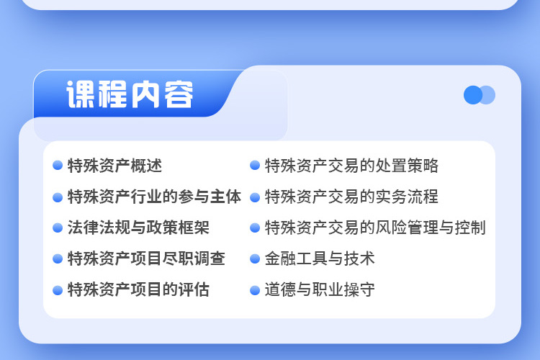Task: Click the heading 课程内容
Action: click(x=130, y=94)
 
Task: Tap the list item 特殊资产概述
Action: click(x=114, y=166)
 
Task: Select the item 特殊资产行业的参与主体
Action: click(x=154, y=197)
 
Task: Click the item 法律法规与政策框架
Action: click(x=138, y=228)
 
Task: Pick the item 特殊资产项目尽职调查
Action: click(x=146, y=258)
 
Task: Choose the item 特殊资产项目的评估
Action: click(x=138, y=289)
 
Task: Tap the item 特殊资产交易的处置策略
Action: click(x=351, y=166)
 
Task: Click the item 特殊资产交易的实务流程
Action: click(x=351, y=197)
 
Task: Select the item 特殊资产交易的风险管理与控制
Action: click(x=375, y=228)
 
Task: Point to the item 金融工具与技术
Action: click(x=320, y=258)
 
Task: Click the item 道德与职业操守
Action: click(x=320, y=289)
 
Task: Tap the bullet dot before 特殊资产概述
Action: click(x=58, y=166)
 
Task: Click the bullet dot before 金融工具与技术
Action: click(x=255, y=258)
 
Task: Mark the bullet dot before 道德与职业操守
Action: click(x=255, y=290)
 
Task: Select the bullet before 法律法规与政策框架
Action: click(x=58, y=228)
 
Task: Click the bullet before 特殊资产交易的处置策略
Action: click(x=255, y=166)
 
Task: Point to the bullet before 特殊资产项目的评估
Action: click(x=58, y=290)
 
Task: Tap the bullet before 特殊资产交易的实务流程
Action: click(x=255, y=198)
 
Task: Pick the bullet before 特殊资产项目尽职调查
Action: click(x=58, y=258)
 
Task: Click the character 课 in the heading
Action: click(x=81, y=94)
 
